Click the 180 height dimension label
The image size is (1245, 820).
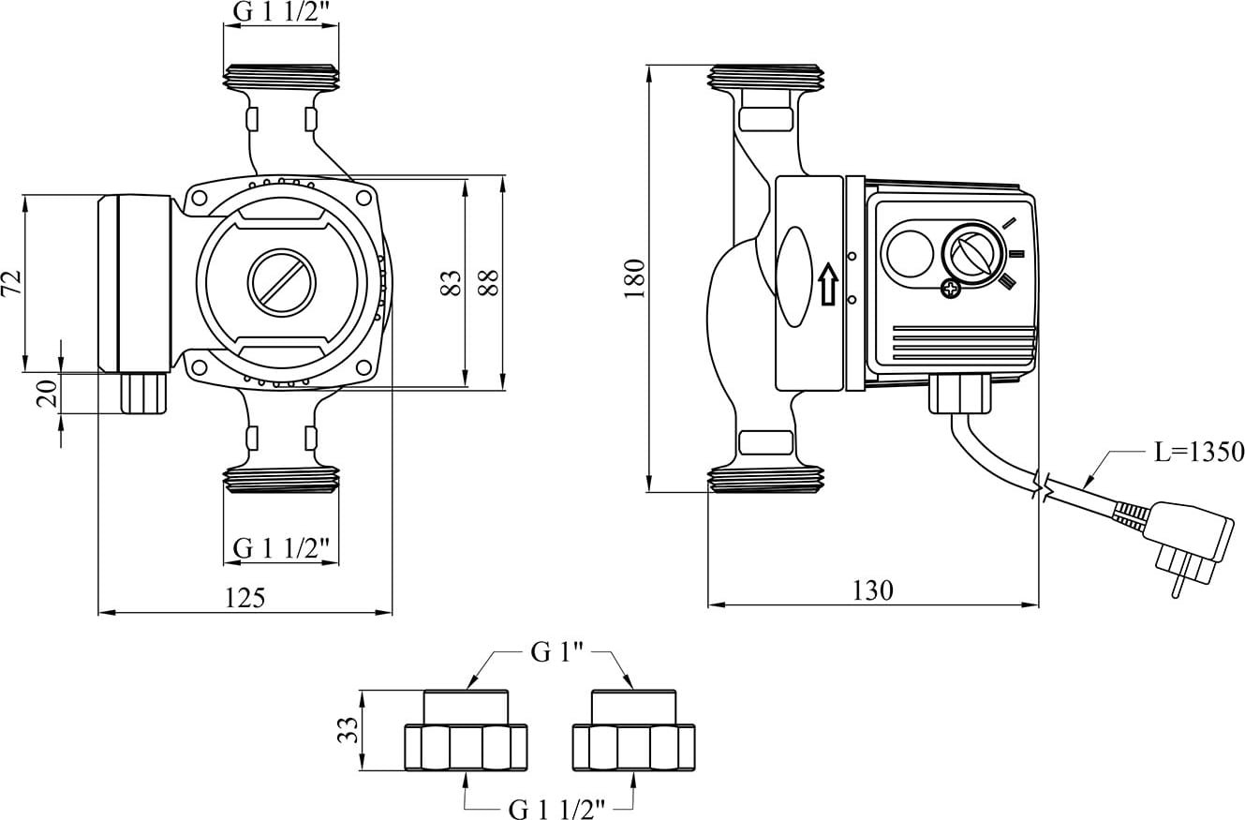(634, 278)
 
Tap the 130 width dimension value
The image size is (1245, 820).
(872, 590)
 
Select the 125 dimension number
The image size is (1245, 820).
(245, 598)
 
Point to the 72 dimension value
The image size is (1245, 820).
(12, 282)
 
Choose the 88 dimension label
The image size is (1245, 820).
(489, 282)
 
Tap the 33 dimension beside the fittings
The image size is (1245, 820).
(348, 730)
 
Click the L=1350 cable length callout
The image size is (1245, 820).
(1198, 452)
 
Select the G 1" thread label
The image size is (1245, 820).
(556, 652)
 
